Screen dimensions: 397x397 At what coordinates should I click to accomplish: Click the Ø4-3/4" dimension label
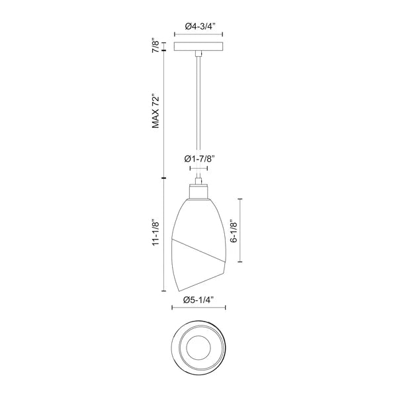(x=200, y=26)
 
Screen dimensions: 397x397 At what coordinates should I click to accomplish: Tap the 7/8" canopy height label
(x=155, y=46)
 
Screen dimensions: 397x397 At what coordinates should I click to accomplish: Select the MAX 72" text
(x=155, y=112)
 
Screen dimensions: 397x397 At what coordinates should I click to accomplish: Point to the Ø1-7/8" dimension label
(x=200, y=159)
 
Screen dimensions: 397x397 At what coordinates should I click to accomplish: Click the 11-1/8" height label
(x=155, y=232)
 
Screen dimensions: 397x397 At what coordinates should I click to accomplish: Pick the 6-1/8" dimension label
(x=234, y=231)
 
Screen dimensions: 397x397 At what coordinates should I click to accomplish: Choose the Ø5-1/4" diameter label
(x=199, y=300)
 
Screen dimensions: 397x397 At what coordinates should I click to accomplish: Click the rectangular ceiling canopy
(x=198, y=46)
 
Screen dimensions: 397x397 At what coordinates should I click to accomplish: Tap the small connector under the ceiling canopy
(x=198, y=53)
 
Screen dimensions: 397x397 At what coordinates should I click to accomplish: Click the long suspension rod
(x=198, y=116)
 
